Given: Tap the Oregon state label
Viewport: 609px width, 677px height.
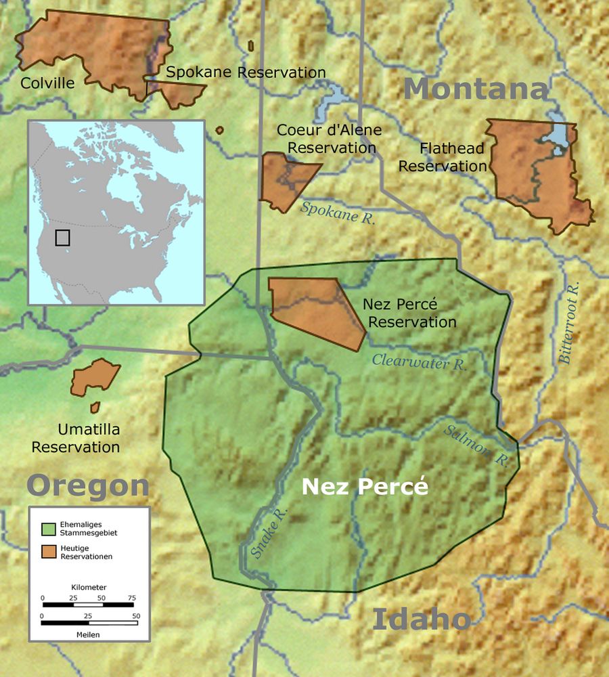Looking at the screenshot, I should pyautogui.click(x=88, y=485).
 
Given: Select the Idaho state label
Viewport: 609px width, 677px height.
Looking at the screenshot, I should pyautogui.click(x=421, y=619).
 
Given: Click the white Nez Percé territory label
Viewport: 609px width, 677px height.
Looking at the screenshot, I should pyautogui.click(x=365, y=487).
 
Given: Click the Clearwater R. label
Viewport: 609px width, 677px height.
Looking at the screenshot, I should pyautogui.click(x=420, y=362).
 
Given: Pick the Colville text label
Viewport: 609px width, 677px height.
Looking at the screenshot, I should pyautogui.click(x=47, y=83).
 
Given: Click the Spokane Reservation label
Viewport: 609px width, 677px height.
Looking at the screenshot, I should pyautogui.click(x=246, y=72).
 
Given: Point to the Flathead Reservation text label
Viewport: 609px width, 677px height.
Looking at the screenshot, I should pyautogui.click(x=443, y=156).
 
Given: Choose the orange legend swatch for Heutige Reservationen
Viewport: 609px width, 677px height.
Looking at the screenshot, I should pyautogui.click(x=49, y=551).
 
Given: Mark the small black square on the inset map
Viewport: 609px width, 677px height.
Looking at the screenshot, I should pyautogui.click(x=63, y=238).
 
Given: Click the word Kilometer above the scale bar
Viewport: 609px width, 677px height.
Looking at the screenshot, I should pyautogui.click(x=89, y=587).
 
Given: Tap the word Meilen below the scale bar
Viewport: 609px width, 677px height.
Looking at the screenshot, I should pyautogui.click(x=88, y=634).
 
